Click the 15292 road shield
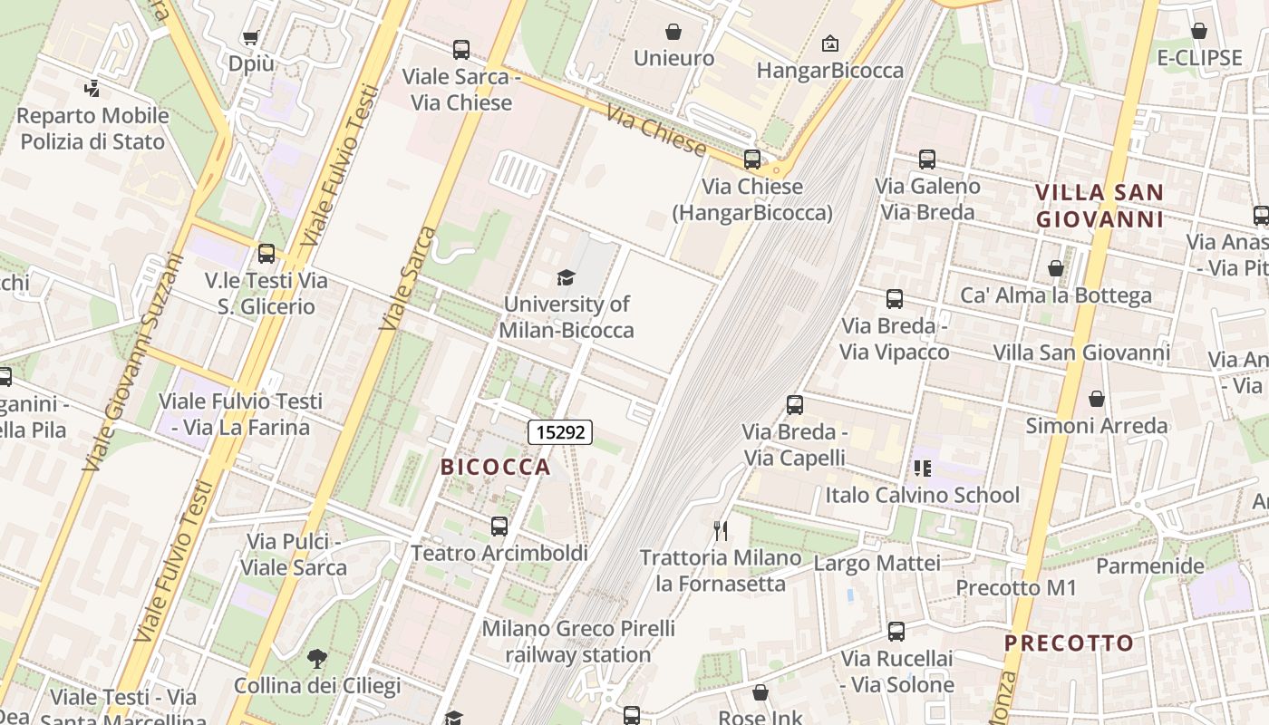(x=560, y=432)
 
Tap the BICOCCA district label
(x=495, y=467)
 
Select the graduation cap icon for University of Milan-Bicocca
(x=567, y=277)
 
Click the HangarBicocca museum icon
(x=829, y=43)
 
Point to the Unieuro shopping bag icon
(x=673, y=33)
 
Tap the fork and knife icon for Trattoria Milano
(x=721, y=530)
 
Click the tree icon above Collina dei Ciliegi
(x=316, y=658)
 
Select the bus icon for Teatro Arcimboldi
(x=499, y=526)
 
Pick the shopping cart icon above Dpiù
(x=250, y=37)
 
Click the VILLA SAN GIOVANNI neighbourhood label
(x=1099, y=206)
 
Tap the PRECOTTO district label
(x=1069, y=643)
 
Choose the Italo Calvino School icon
(x=922, y=469)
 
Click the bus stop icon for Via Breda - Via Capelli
(x=795, y=405)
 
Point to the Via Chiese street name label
(x=655, y=131)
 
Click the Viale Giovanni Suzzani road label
(x=132, y=362)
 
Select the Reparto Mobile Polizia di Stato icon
(x=92, y=89)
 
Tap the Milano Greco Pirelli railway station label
(x=578, y=641)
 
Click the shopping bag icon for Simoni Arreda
(x=1097, y=399)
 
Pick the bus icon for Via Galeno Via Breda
(x=927, y=159)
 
